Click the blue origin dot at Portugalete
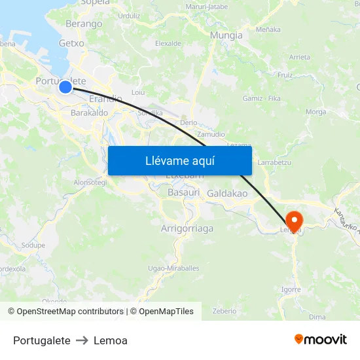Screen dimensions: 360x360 65,87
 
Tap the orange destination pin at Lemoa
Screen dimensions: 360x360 295,221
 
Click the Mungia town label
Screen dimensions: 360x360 226,35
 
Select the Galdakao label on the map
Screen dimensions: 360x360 227,194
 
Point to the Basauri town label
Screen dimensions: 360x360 183,193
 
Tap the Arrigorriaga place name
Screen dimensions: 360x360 187,228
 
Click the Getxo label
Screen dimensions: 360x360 71,43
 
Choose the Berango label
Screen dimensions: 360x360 84,24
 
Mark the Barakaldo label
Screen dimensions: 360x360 89,113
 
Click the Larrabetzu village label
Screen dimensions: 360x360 274,162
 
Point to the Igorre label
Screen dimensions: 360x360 291,289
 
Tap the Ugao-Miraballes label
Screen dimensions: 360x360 173,268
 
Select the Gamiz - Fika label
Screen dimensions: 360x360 262,98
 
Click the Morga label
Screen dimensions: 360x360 315,112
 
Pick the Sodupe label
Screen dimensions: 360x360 33,245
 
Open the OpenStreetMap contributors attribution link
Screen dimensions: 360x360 70,312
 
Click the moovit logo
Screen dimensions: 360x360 321,340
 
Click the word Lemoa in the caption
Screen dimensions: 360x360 111,340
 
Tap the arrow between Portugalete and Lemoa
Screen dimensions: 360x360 82,340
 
